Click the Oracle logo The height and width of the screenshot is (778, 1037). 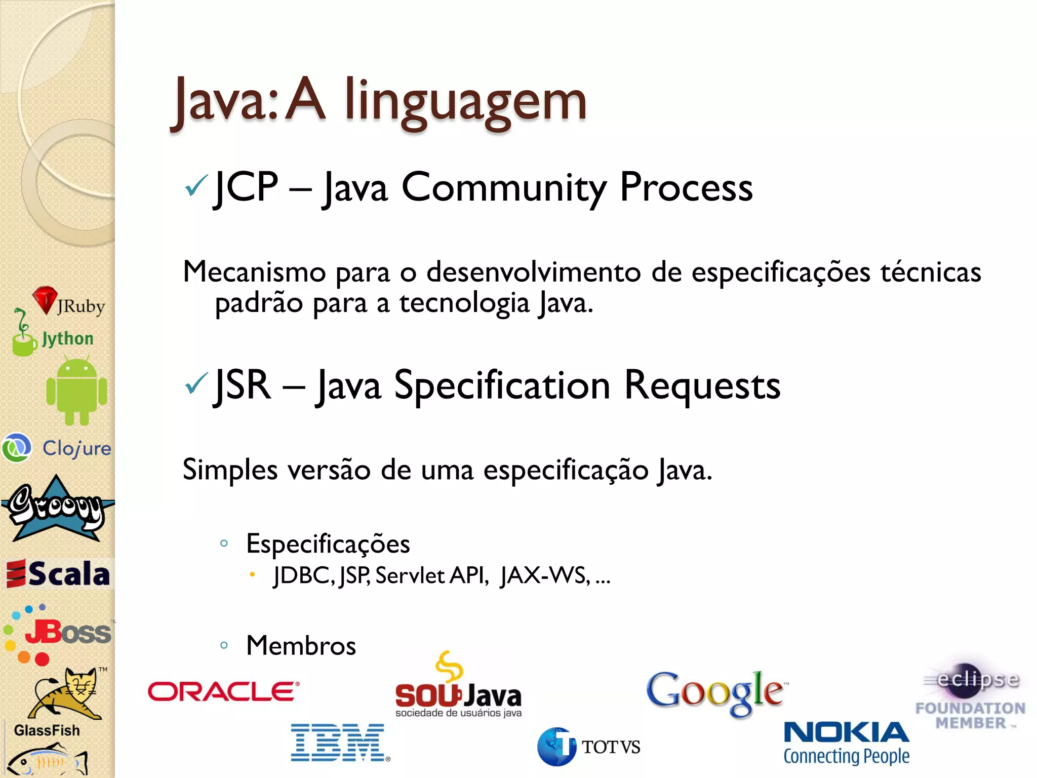[223, 691]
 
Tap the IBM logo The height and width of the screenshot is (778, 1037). [339, 742]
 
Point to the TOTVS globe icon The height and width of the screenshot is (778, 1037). [556, 747]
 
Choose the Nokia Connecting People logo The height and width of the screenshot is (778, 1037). [846, 743]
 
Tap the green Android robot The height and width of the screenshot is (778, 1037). [76, 391]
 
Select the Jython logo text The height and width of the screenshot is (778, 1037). [68, 338]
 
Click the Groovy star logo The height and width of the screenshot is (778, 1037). [57, 509]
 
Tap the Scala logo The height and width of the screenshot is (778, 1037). [58, 574]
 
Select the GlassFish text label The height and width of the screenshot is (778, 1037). [47, 730]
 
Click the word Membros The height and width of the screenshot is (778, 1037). [301, 645]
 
